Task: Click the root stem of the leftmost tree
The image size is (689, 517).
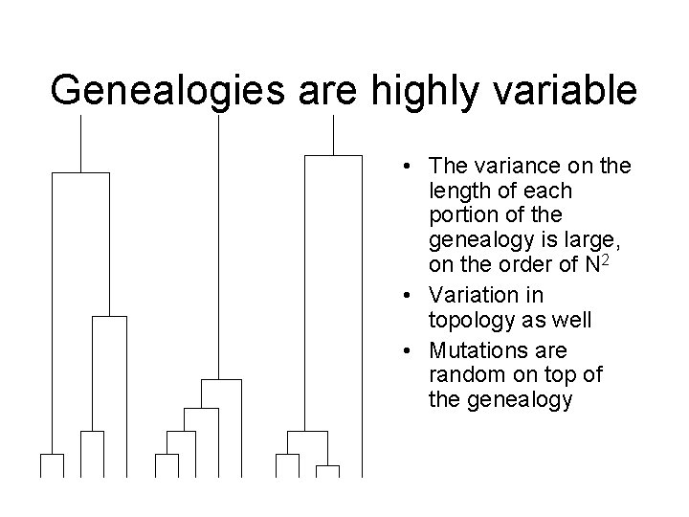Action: [x=81, y=144]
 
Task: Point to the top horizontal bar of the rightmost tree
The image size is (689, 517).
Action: [x=333, y=154]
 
